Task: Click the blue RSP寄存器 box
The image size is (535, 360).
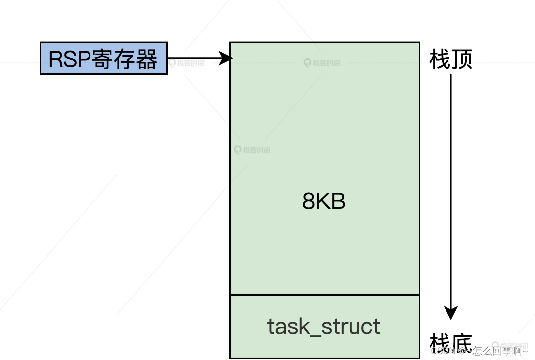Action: point(103,59)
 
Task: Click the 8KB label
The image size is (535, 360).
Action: point(324,202)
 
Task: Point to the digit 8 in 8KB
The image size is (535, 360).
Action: point(309,202)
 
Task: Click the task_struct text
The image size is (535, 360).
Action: point(324,326)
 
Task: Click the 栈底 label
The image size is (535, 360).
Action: point(450,343)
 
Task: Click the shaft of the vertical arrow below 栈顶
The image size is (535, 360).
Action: point(450,189)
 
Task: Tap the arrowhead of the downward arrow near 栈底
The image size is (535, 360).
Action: point(450,313)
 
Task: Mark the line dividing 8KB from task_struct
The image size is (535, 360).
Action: point(324,295)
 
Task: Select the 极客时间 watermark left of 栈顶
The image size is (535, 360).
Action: point(322,63)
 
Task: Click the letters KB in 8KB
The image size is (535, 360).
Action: point(331,202)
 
